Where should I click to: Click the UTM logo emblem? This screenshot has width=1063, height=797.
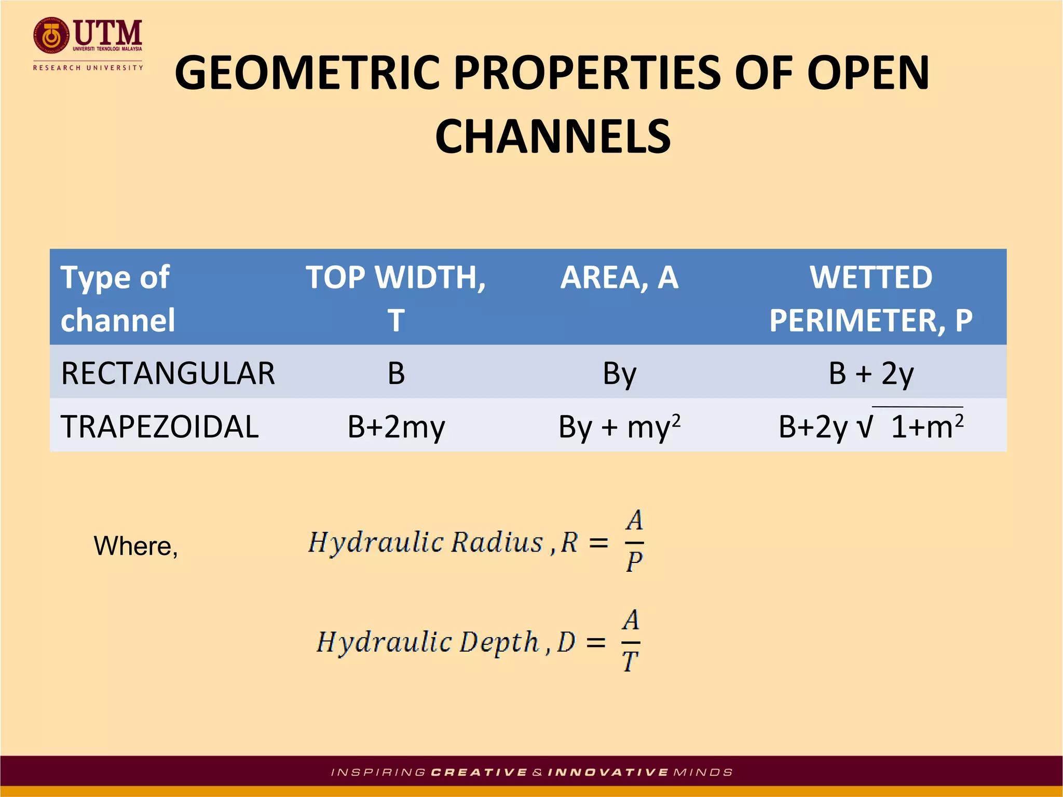51,35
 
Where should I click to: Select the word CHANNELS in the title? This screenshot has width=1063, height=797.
553,136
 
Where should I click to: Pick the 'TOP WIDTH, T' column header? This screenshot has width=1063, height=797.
396,298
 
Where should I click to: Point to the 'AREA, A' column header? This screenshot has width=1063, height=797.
619,278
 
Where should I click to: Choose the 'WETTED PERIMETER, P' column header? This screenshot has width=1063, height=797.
870,298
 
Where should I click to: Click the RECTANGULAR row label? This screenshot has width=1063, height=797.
168,373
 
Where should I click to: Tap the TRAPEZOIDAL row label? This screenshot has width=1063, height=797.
159,427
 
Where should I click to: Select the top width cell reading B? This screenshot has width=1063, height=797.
396,373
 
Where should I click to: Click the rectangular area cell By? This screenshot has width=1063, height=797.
619,374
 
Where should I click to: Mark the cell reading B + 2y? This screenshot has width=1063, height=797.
870,373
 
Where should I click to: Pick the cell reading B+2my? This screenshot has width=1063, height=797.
396,428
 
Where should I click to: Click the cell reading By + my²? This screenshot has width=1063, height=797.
619,428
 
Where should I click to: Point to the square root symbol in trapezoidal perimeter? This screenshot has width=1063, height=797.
865,427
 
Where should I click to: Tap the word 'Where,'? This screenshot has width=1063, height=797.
136,546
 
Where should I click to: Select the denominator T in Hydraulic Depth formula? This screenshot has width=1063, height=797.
630,662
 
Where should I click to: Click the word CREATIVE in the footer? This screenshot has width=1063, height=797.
479,773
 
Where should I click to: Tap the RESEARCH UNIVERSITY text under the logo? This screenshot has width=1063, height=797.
88,68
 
